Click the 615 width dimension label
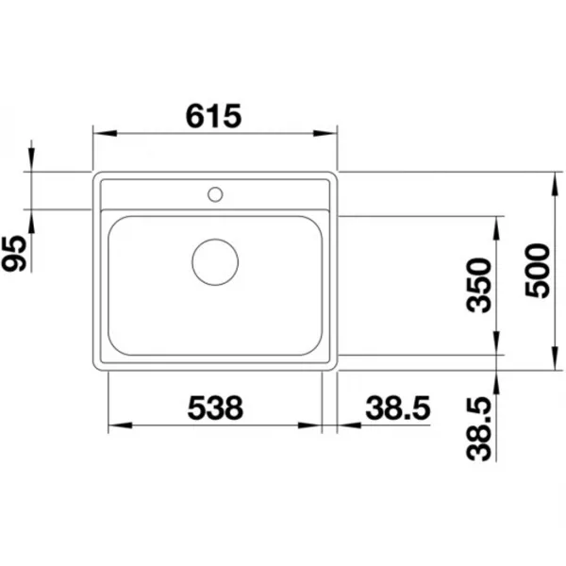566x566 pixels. point(213,116)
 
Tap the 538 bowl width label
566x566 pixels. point(215,408)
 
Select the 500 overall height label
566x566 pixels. point(538,271)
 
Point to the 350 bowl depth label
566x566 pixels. point(479,285)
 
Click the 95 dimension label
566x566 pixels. point(14,253)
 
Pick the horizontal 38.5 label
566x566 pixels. point(398,408)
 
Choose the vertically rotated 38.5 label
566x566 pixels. point(479,429)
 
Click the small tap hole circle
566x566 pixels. point(215,194)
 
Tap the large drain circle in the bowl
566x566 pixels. point(215,262)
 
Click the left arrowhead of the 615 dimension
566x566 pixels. point(105,133)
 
